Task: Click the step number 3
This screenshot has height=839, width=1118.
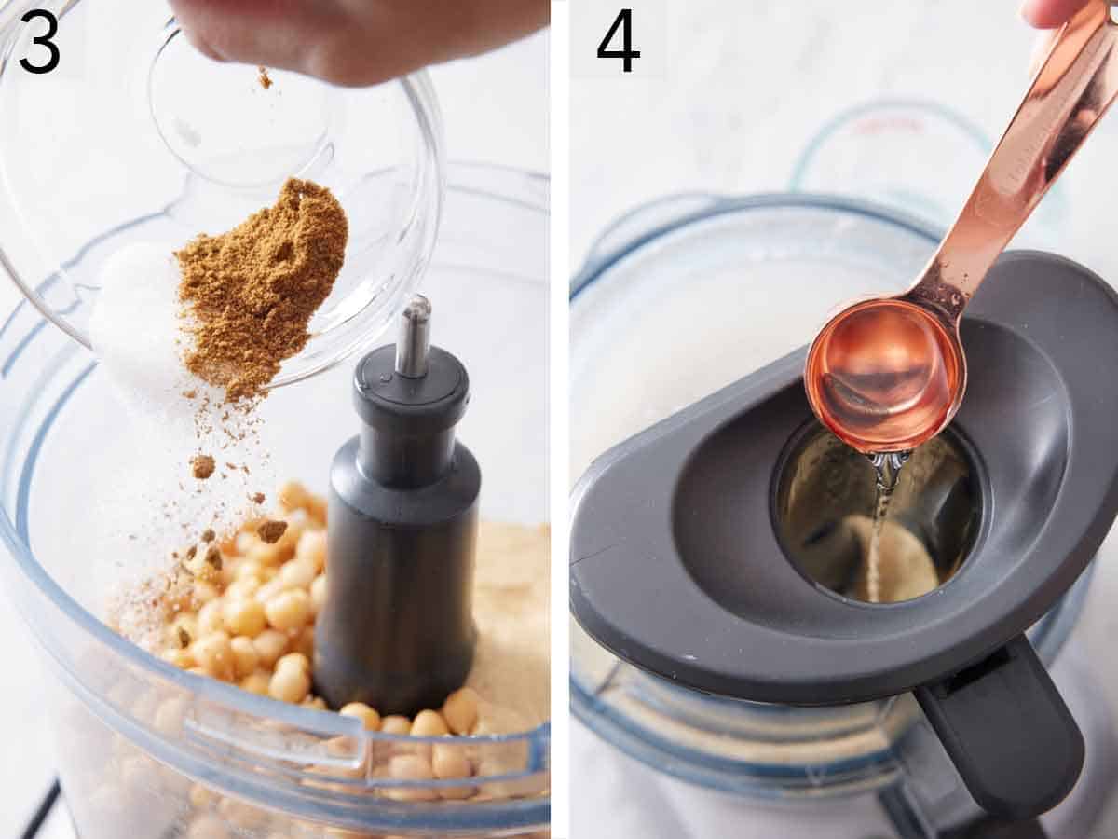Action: coord(40,41)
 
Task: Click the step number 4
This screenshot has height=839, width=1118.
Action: coord(618,41)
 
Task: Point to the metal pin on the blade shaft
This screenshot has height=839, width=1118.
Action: coord(413,336)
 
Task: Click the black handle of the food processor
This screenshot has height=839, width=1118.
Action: coord(1002,727)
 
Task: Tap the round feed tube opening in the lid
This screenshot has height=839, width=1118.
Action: coord(876,513)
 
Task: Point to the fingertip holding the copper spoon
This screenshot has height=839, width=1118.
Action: coord(1053,11)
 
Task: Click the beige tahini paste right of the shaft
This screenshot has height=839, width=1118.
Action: coord(512,606)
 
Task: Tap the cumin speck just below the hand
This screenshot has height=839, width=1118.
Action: coord(265,78)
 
